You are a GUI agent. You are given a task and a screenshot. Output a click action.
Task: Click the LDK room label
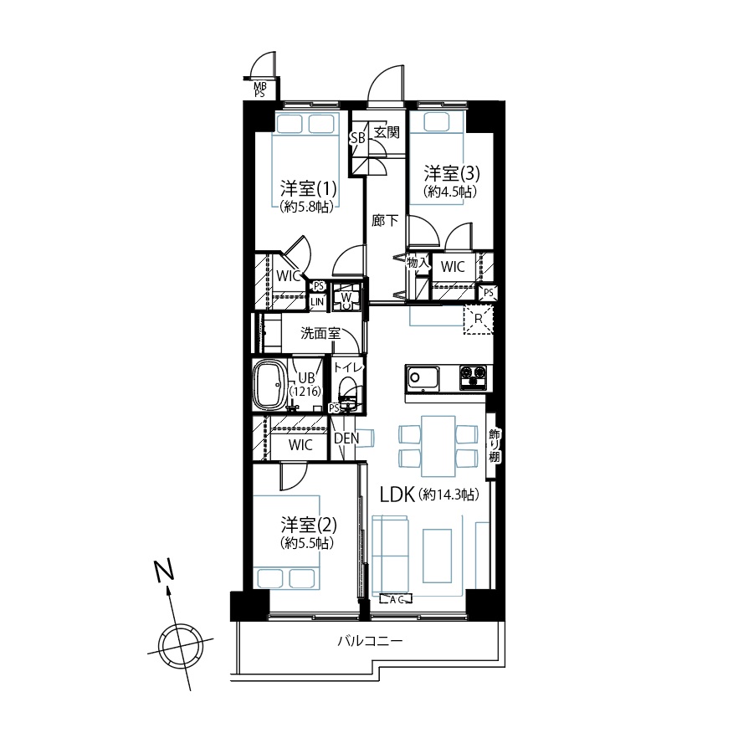397,495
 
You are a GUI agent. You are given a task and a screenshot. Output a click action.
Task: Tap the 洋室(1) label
308,188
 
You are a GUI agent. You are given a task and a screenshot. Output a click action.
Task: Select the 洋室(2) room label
309,525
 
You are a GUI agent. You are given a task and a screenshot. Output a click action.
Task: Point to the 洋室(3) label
452,173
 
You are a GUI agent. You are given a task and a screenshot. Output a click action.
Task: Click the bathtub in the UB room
270,387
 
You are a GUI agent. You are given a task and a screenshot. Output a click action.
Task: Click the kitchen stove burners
473,377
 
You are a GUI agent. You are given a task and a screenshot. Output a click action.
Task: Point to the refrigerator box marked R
479,320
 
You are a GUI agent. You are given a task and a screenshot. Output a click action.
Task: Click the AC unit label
397,599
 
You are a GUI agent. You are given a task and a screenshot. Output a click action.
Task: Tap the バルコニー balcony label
370,640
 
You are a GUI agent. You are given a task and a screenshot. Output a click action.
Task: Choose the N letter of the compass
165,571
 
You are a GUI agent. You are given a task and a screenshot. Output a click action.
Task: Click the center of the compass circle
181,645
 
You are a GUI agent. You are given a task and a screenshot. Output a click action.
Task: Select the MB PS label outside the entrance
260,90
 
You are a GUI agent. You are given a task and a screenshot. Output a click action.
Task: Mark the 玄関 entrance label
387,132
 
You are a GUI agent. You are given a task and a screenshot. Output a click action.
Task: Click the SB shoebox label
358,138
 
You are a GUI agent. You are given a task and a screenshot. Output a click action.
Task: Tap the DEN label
347,438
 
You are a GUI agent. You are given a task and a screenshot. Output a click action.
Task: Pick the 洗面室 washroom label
320,333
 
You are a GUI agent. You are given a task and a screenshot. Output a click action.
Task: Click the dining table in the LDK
438,446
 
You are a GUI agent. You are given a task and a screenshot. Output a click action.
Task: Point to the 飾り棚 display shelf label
495,445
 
